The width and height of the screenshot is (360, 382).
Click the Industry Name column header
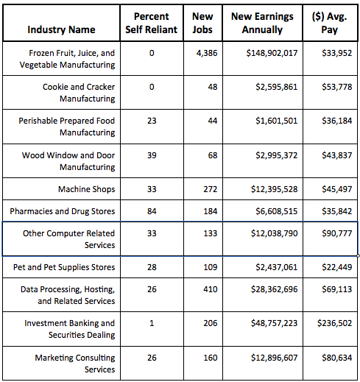coord(61,29)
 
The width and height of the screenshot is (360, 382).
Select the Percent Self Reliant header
coord(152,23)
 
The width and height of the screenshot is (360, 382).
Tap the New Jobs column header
coord(202,23)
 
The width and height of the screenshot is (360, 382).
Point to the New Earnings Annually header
coord(262,23)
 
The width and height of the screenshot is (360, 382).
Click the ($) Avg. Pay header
coord(330,23)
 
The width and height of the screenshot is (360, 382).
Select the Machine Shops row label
coord(87,189)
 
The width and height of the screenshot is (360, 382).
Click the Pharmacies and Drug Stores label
coord(63,211)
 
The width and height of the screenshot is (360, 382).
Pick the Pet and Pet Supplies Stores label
coord(64,267)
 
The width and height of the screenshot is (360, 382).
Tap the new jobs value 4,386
coord(207,53)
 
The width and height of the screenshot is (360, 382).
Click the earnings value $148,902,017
coord(272,53)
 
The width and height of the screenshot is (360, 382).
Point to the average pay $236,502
coord(334,323)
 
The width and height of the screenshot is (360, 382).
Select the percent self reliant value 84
coord(152,211)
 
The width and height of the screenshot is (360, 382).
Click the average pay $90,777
coord(337,233)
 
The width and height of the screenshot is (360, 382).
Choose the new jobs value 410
coord(211,289)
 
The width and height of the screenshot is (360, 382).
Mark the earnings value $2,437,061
coord(277,267)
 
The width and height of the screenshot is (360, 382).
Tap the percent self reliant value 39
coord(152,155)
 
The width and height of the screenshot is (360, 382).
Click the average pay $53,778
coord(337,87)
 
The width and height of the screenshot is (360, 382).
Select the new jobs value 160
coord(211,358)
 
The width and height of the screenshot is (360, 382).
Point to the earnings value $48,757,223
coord(274,323)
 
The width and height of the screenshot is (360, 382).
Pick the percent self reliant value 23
coord(152,121)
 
